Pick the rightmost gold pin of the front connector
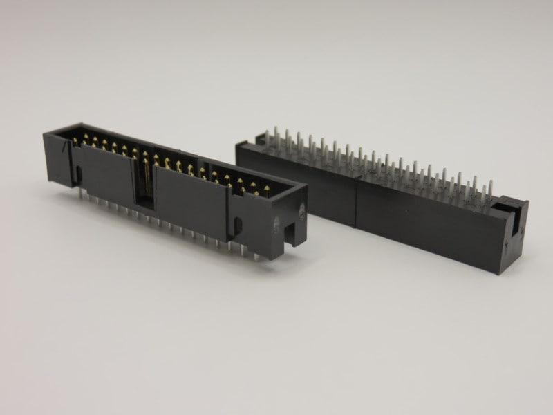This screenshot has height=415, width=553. click(265, 189)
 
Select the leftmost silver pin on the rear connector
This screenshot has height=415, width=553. click(268, 136)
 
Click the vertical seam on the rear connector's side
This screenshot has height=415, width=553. click(355, 201)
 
